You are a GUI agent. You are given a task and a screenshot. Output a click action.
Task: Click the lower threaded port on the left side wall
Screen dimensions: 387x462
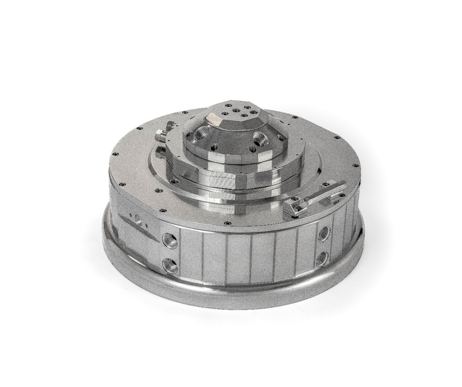(170, 266)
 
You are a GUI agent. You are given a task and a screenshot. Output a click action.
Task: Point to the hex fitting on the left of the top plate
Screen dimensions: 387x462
(161, 135)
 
